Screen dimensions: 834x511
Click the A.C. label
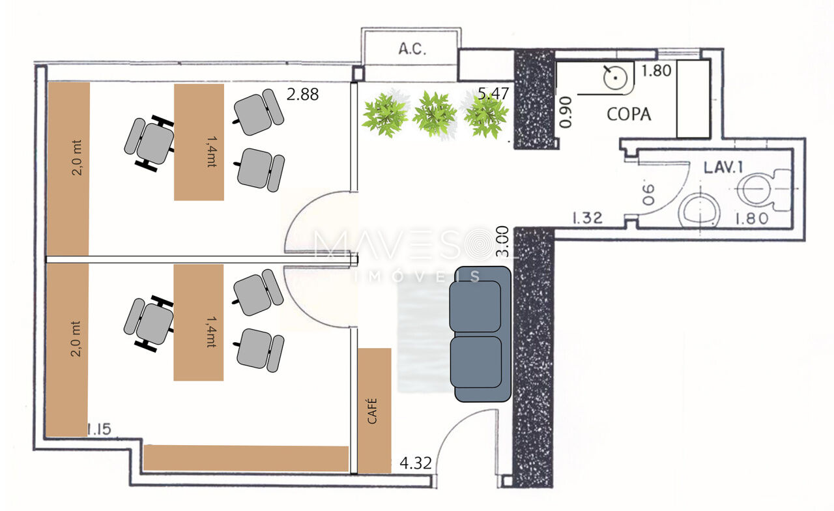point(412,49)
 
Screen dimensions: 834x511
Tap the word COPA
point(629,114)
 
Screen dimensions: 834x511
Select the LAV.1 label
point(723,168)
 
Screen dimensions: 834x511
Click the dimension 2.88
point(302,95)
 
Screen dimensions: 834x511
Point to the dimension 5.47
point(493,93)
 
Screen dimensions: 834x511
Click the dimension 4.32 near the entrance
point(416,463)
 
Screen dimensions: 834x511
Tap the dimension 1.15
point(99,429)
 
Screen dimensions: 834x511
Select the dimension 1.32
point(587,218)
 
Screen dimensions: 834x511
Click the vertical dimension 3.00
point(502,241)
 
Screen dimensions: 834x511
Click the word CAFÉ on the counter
point(372,411)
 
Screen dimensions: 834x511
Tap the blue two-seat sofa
point(480,334)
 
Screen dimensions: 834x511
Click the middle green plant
point(435,114)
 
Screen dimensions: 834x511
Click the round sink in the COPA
point(615,78)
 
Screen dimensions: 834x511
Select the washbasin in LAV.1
point(699,211)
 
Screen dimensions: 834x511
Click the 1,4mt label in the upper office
point(212,151)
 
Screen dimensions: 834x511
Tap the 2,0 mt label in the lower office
point(76,338)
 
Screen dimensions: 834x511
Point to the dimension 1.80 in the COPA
point(656,70)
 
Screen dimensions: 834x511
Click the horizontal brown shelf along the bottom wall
point(246,458)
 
